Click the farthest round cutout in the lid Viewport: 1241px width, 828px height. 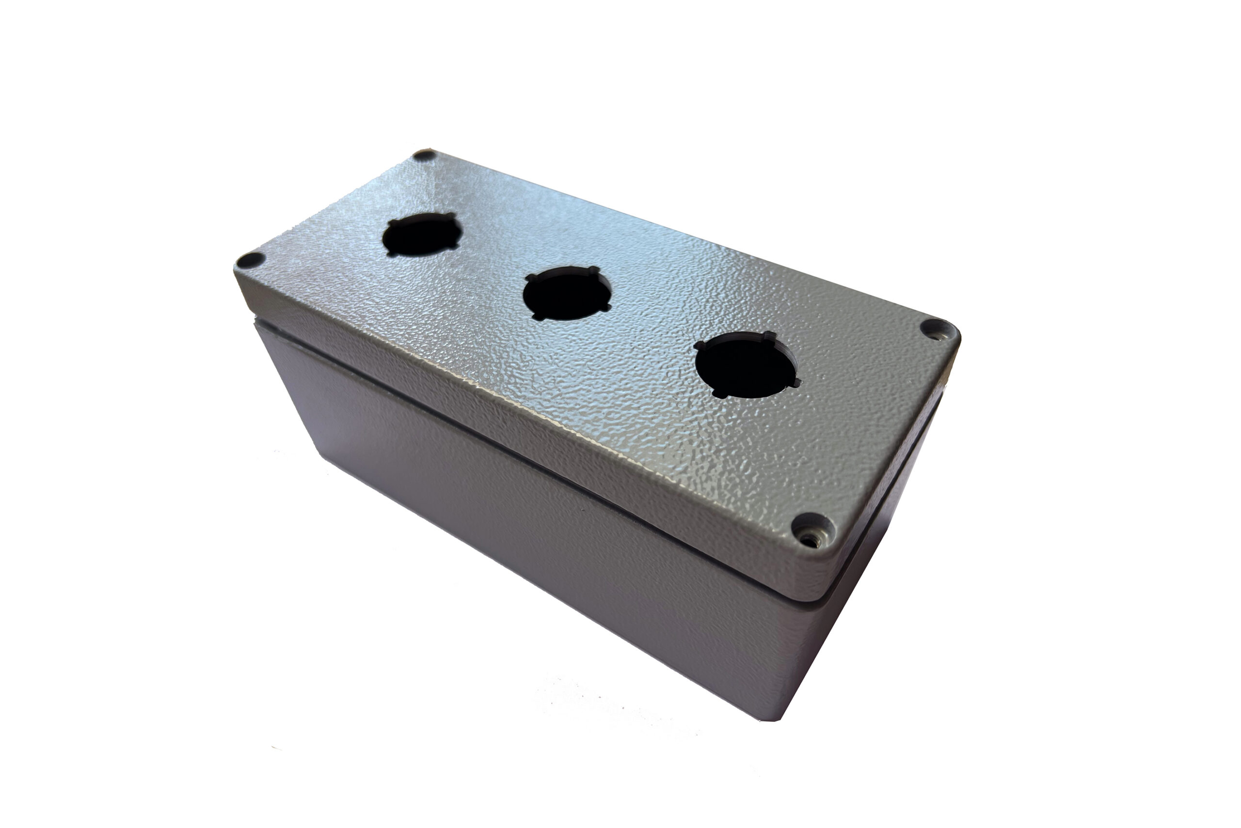422,235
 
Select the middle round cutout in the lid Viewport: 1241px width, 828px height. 567,294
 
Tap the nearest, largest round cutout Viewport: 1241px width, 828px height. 746,364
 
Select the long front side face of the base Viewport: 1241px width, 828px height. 528,528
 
